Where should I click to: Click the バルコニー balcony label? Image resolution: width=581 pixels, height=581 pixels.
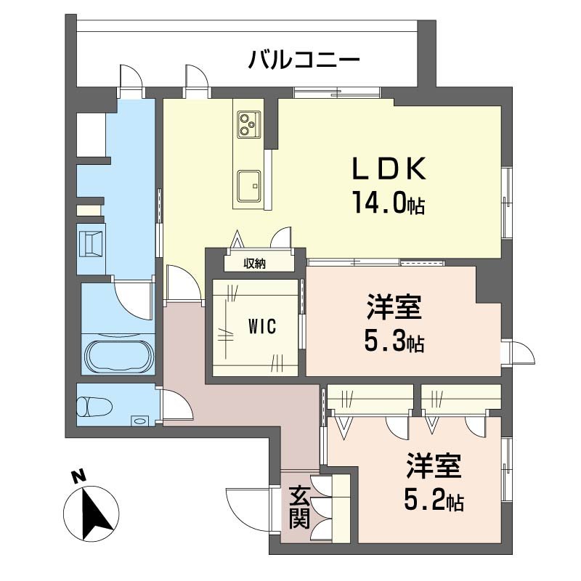(x=304, y=59)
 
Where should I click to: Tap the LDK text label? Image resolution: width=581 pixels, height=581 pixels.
(x=388, y=169)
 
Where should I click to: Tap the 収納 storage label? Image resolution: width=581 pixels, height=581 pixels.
(x=254, y=264)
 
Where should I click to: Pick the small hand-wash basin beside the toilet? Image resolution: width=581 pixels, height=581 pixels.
(x=139, y=420)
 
